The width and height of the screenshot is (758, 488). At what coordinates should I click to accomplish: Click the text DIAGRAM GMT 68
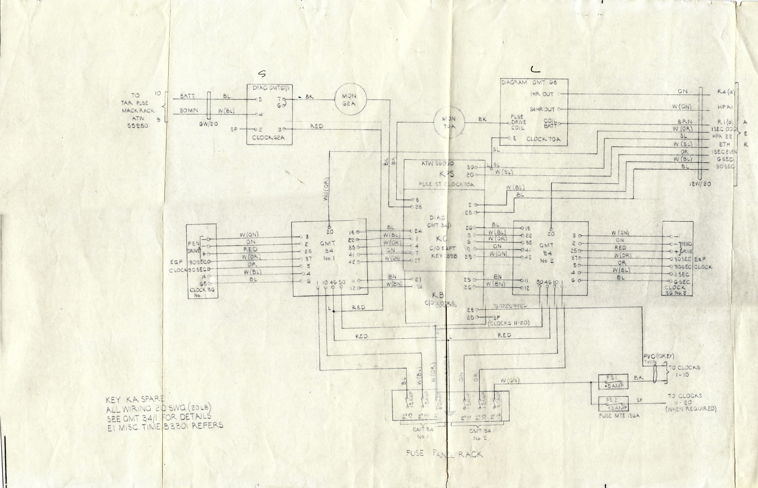click(529, 82)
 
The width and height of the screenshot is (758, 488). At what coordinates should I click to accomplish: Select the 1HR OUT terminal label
click(542, 94)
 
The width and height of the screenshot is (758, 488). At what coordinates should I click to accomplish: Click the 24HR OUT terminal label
click(543, 109)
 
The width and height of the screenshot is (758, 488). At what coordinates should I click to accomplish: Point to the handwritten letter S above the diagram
click(262, 74)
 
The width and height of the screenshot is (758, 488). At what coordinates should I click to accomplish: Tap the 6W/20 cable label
click(208, 124)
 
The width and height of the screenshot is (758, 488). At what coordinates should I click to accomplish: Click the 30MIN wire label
click(189, 111)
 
